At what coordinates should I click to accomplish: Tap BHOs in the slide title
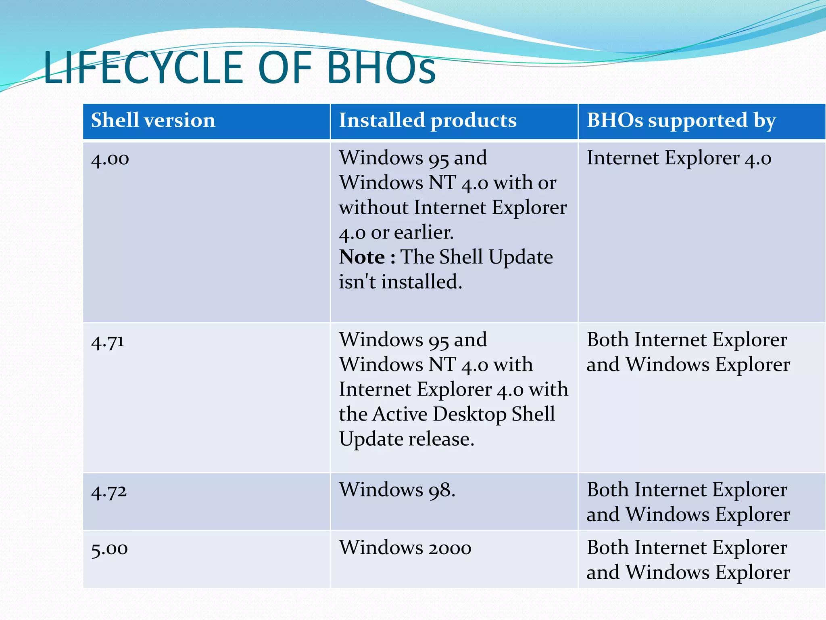(x=381, y=68)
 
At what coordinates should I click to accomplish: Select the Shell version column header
(x=153, y=120)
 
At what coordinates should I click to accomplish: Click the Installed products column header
(x=428, y=120)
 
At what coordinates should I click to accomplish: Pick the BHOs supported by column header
(x=681, y=120)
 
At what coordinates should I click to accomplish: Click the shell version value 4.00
(x=110, y=159)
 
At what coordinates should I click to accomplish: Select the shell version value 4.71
(x=108, y=341)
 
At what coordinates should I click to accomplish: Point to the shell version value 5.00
(x=109, y=549)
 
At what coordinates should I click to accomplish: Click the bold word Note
(x=362, y=257)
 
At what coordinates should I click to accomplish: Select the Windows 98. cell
(x=397, y=490)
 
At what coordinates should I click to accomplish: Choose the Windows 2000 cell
(x=405, y=548)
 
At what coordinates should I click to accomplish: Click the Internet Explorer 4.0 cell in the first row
(x=679, y=158)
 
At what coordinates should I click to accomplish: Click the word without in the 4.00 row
(x=373, y=207)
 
